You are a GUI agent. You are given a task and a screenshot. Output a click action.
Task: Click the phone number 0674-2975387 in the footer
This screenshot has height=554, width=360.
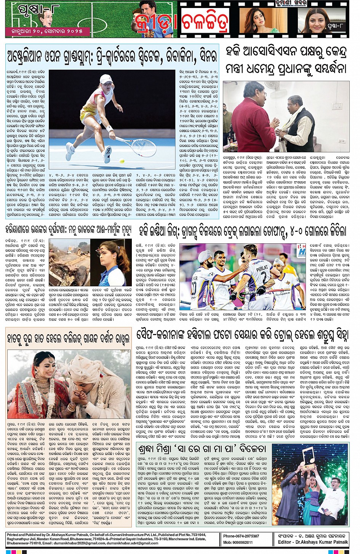246,536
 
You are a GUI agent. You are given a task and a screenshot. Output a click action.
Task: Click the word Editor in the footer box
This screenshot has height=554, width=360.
285,542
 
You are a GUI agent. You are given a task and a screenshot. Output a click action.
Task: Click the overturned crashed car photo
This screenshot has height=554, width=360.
69,263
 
